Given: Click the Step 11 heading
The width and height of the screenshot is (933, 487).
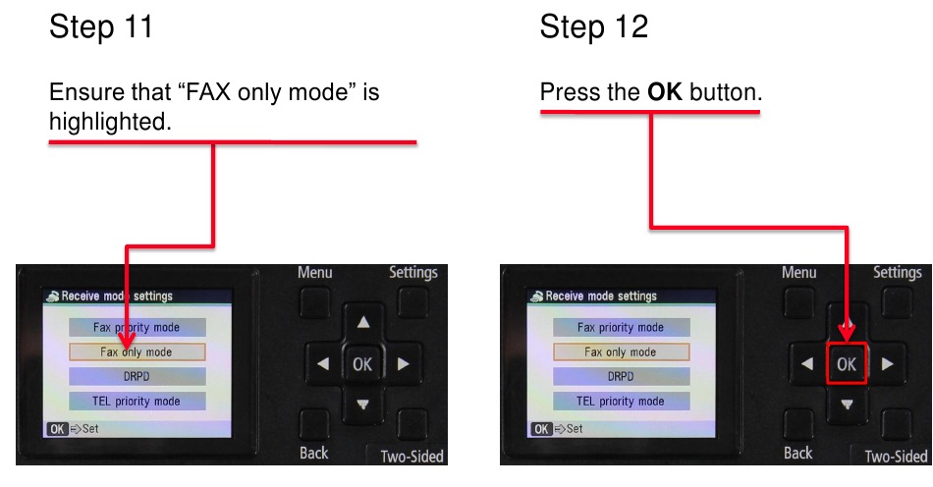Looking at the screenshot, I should (x=101, y=27).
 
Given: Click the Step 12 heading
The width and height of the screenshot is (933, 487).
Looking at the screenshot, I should (x=593, y=27).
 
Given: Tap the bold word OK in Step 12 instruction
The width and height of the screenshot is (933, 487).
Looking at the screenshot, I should (x=665, y=93).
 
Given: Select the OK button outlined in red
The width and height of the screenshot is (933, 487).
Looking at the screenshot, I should (x=846, y=364).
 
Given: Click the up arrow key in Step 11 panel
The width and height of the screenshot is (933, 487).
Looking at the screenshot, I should (x=363, y=322).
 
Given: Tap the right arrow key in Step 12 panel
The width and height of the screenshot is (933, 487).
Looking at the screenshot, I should (x=888, y=364).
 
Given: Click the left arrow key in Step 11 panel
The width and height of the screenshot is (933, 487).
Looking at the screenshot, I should (x=322, y=364).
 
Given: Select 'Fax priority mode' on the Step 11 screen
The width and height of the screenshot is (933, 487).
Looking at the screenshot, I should (x=137, y=327).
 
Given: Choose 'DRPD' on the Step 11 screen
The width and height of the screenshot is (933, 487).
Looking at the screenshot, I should (x=137, y=376).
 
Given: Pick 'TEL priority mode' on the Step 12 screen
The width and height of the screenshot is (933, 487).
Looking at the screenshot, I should (x=621, y=401).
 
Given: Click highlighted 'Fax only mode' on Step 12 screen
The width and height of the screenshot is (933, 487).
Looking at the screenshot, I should (x=621, y=352).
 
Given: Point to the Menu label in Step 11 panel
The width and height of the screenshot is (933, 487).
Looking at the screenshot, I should (x=315, y=273).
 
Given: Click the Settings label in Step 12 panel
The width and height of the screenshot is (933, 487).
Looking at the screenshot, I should (x=897, y=273).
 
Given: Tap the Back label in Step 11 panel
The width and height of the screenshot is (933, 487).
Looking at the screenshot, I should (x=314, y=453).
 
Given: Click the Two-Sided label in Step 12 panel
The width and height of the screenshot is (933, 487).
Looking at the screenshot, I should (x=896, y=457).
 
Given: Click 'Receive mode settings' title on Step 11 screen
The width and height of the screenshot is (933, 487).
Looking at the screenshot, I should (x=116, y=296).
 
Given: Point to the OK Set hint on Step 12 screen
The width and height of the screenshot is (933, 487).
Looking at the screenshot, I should (x=557, y=429).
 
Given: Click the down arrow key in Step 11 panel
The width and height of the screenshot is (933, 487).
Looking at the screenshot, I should (x=363, y=405).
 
